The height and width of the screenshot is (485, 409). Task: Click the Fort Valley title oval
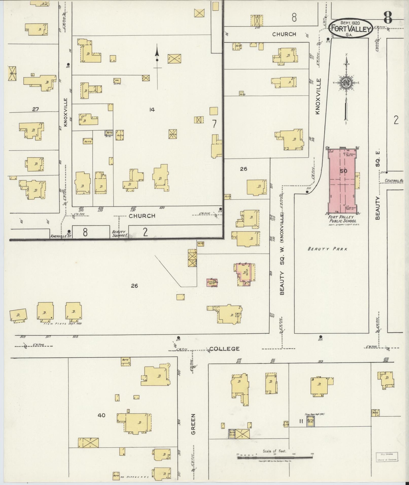pos(351,28)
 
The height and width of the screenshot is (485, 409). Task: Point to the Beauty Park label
pos(327,249)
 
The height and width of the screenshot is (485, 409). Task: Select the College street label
pos(225,349)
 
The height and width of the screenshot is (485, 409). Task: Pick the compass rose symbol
pos(346,83)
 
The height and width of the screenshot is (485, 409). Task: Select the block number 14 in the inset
pos(152,110)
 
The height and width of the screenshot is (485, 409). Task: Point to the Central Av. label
pos(394,181)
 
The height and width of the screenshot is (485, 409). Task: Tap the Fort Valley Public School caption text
pos(342,219)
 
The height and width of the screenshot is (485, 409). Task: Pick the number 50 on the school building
pos(344,171)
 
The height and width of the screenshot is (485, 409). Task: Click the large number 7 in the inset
pos(214,124)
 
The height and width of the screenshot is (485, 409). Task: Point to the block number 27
pos(35,109)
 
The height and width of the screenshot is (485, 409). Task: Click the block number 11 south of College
pos(301,421)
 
